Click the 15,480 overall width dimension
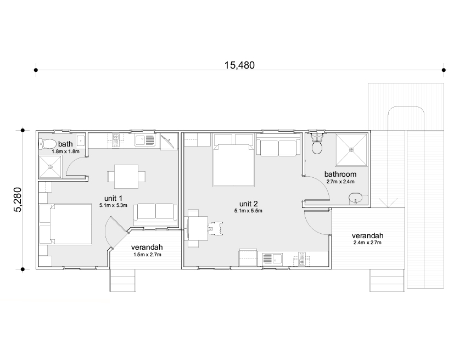point(239,65)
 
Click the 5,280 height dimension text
point(18,200)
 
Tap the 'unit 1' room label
point(113,198)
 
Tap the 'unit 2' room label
point(249,204)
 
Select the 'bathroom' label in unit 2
point(340,174)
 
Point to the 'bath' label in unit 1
point(65,144)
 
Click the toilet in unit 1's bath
point(47,144)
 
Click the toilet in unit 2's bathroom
point(317,143)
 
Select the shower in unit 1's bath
point(50,167)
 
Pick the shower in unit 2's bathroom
point(351,150)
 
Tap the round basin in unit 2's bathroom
point(356,198)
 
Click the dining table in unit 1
point(126,177)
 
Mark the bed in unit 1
point(65,224)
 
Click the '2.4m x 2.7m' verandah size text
point(367,243)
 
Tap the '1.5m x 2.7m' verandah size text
point(147,255)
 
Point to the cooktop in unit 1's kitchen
point(116,140)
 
